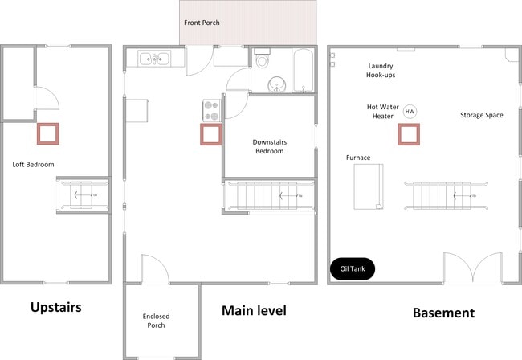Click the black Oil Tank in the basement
click(x=353, y=268)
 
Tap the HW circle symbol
click(x=410, y=112)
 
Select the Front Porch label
click(x=202, y=22)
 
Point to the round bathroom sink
click(x=276, y=84)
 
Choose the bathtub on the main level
click(x=303, y=70)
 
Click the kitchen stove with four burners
click(x=212, y=111)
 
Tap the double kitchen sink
click(x=154, y=59)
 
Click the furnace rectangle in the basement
click(x=369, y=186)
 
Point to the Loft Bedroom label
click(x=33, y=165)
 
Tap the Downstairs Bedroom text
click(x=270, y=146)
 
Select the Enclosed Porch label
click(x=156, y=321)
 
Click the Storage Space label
click(x=481, y=115)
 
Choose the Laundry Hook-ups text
click(x=381, y=70)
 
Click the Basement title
click(x=444, y=313)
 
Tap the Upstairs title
click(x=56, y=308)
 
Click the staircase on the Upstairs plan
click(x=82, y=195)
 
